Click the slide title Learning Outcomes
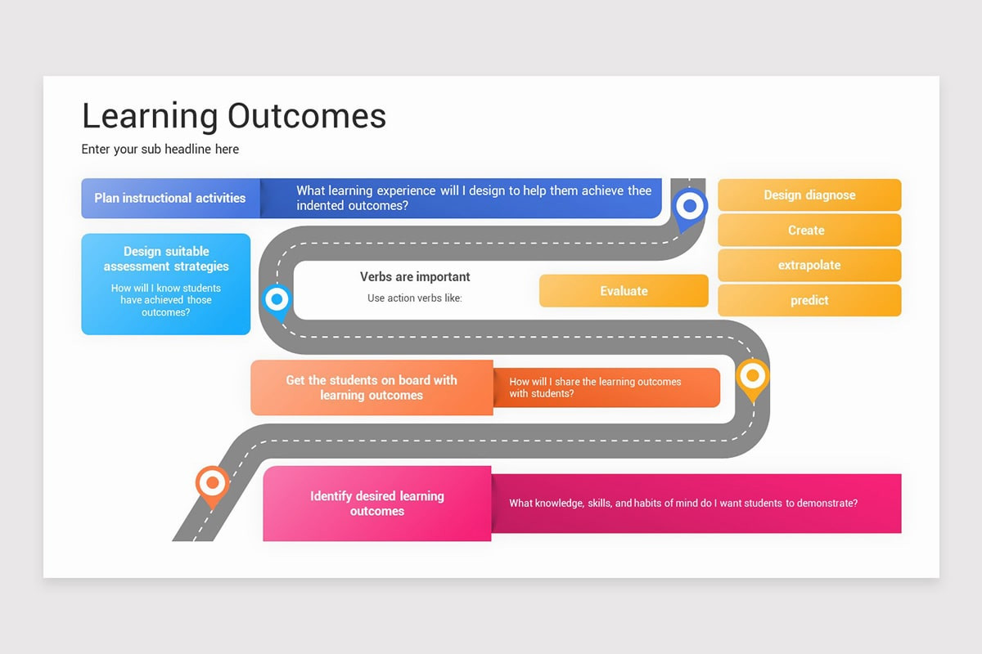pos(233,116)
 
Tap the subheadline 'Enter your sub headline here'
pos(160,149)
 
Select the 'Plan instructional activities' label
pos(170,198)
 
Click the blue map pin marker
pos(690,207)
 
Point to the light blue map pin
pos(277,300)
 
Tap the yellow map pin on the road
pos(752,379)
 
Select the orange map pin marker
pos(212,484)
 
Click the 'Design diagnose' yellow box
pos(809,195)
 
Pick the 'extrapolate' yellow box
pos(809,266)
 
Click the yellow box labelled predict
pos(809,301)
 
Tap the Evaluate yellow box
pos(624,291)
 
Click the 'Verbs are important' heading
pos(415,277)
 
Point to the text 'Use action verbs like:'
pos(414,298)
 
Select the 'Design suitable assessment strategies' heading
pos(166,258)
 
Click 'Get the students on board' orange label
pos(372,387)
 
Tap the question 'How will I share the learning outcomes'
pos(595,387)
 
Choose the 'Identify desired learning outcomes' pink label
pos(376,504)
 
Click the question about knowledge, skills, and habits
pos(683,504)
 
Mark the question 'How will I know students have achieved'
pos(166,300)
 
